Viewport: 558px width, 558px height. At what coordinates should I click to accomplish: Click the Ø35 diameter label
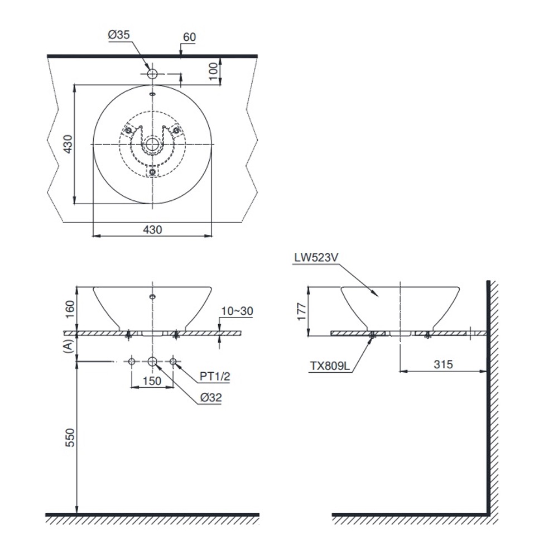[x=119, y=35]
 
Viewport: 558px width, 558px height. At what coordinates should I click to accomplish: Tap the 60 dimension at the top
[x=189, y=37]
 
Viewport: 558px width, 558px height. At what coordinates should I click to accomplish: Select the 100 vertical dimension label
[x=213, y=71]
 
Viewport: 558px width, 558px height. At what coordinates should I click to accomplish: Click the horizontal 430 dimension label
[x=152, y=229]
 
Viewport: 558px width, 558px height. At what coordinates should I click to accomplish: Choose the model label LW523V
[x=316, y=257]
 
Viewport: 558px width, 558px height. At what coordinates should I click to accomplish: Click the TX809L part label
[x=330, y=366]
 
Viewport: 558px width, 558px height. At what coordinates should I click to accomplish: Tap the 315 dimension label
[x=443, y=364]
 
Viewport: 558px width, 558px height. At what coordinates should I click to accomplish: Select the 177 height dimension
[x=301, y=311]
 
